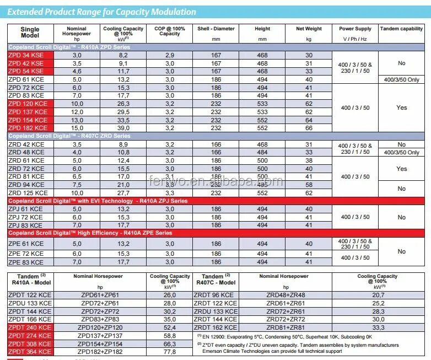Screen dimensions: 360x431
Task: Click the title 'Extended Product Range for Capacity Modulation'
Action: pos(102,12)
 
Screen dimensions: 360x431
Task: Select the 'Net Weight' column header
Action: pos(309,29)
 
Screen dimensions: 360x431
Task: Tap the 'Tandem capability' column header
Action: pos(401,29)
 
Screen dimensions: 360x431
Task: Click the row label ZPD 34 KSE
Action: pos(26,56)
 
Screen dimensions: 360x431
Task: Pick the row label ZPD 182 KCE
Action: pos(28,128)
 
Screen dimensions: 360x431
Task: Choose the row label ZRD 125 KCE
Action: pos(28,194)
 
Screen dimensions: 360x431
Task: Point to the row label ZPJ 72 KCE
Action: pos(26,217)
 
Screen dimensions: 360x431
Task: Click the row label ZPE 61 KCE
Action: pos(26,244)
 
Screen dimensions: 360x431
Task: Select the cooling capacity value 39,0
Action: pos(123,128)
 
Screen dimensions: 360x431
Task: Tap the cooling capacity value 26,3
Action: pos(123,104)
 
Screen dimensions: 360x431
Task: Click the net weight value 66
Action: pos(309,128)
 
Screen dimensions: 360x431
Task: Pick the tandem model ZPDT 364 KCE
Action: pos(30,351)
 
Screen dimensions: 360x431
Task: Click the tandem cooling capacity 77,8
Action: pos(169,351)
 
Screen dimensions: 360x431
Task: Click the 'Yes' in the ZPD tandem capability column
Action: pos(401,108)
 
